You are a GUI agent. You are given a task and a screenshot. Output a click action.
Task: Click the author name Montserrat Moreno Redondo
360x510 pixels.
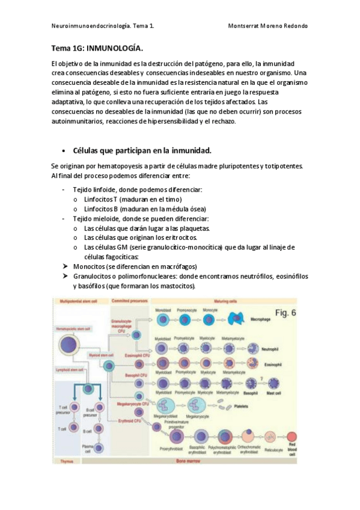point(268,26)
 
